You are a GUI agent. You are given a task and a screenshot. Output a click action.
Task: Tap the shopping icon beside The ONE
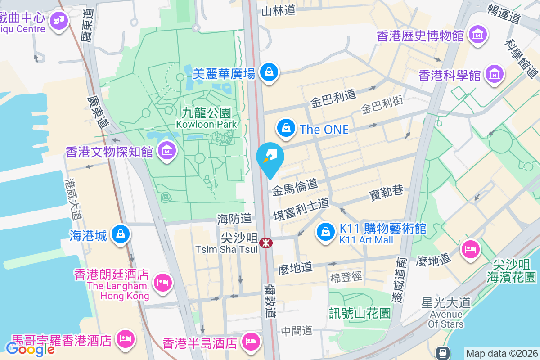click(286, 128)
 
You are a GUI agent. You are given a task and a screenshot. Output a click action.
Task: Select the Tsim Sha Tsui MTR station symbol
click(265, 243)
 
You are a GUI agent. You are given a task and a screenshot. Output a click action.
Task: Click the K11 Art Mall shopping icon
click(325, 232)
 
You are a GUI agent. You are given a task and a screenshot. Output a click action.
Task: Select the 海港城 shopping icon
click(120, 234)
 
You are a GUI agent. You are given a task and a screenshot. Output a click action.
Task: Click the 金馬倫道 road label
click(295, 186)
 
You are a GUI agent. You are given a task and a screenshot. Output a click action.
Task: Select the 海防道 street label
click(234, 219)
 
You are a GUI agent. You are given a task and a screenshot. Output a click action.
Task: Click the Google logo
click(30, 349)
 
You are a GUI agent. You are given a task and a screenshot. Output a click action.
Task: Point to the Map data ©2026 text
click(501, 353)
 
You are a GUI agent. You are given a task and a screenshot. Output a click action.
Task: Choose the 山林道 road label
click(279, 10)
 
